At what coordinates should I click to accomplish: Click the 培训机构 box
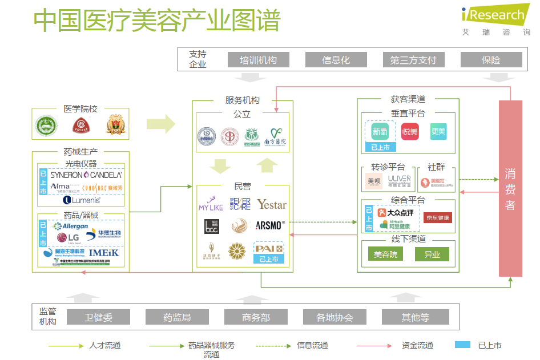pos(258,60)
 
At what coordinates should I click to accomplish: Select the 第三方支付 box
pos(413,60)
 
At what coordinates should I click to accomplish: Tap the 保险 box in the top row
pos(491,60)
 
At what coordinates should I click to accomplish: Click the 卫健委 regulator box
pos(98,317)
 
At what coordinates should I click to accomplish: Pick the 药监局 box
pos(177,317)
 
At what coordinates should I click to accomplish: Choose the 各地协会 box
pos(335,317)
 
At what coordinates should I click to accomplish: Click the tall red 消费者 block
pos(510,188)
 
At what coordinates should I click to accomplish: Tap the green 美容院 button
pos(385,254)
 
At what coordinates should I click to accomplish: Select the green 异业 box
pos(432,254)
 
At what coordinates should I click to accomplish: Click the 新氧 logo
pos(380,132)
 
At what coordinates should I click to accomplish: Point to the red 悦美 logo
pos(410,132)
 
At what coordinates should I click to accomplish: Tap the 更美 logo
pos(438,132)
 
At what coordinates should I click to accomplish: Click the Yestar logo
pos(271,204)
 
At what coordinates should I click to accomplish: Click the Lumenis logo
pos(82,200)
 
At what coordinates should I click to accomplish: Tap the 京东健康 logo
pos(437,218)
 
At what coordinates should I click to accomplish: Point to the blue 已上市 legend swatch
pos(462,345)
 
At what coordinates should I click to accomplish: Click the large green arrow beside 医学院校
pos(160,124)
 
